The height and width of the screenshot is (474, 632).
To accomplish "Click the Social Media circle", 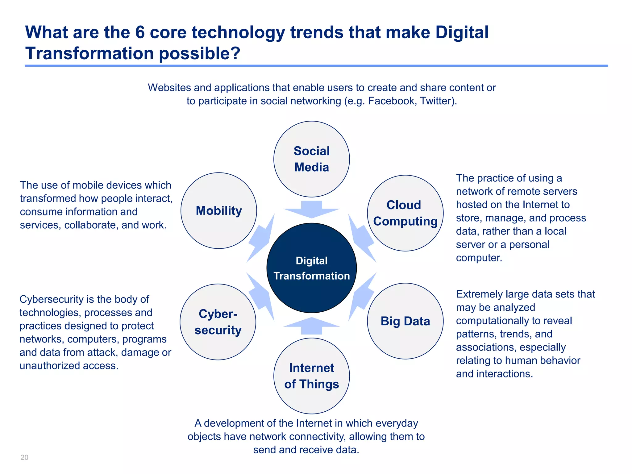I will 311,159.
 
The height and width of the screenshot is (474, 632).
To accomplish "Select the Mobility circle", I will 218,210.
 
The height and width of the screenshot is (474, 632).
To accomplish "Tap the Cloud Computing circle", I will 405,213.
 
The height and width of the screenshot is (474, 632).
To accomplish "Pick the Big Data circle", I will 405,321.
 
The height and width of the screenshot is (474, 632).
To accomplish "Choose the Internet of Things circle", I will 311,376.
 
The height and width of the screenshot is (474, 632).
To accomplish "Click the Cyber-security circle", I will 218,322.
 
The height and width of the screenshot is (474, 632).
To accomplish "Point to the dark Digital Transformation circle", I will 311,268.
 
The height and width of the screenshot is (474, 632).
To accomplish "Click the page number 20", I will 24,457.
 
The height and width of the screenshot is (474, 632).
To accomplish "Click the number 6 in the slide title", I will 140,32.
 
